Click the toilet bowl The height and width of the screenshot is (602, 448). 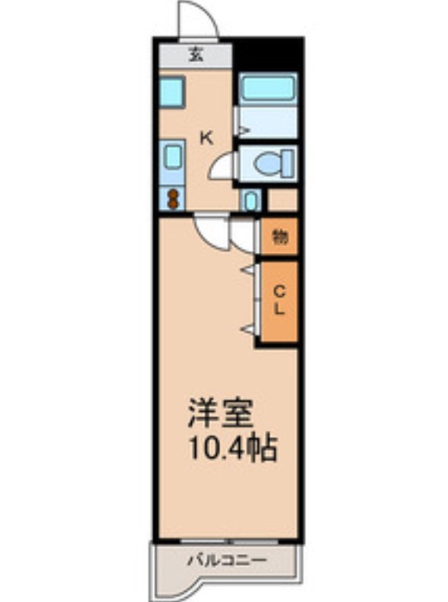266,164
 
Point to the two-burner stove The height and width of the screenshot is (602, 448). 172,198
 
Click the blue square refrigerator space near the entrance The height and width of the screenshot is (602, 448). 172,92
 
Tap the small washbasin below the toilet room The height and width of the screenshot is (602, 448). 250,200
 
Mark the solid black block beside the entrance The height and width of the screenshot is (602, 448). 269,53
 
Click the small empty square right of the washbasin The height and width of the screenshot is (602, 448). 282,200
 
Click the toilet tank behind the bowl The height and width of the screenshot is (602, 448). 287,164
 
